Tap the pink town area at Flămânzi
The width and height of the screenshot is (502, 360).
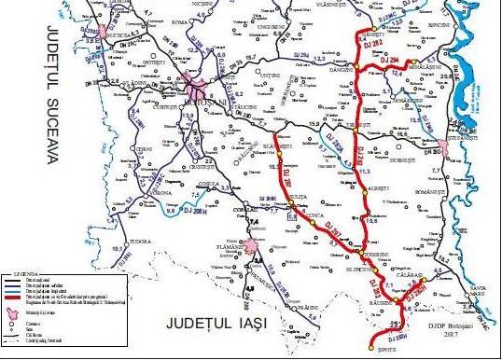click(x=250, y=247)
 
